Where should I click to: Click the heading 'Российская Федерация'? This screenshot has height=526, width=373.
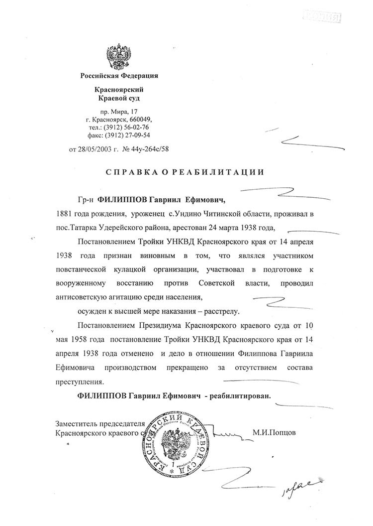point(119,76)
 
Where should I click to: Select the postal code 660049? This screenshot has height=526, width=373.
point(140,120)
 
